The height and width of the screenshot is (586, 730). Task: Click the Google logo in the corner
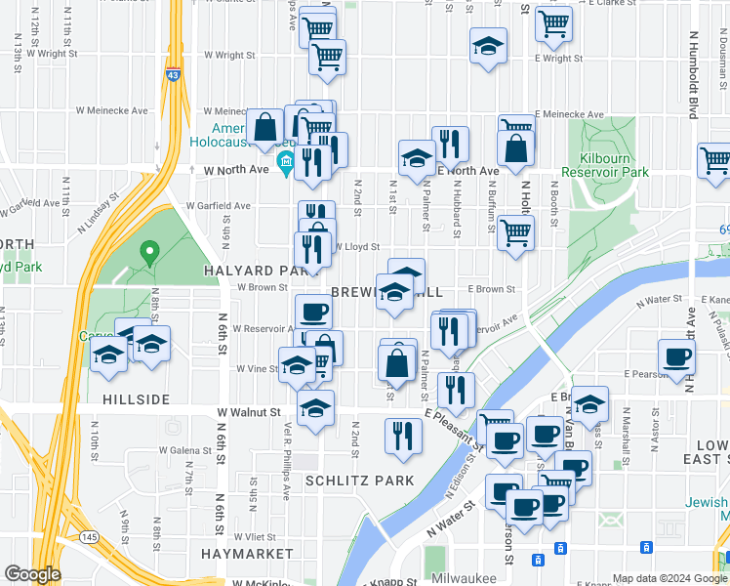click(x=32, y=574)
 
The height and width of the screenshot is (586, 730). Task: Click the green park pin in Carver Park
click(x=148, y=253)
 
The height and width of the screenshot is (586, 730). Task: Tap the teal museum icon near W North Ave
click(x=287, y=160)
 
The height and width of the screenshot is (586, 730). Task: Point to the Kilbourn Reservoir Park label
click(x=614, y=164)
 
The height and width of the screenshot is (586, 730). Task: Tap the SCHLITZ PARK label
click(x=359, y=481)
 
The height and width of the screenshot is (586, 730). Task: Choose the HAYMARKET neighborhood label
click(x=247, y=554)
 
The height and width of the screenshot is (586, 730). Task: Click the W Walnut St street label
click(x=249, y=413)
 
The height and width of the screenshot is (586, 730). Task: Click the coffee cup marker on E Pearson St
click(x=676, y=356)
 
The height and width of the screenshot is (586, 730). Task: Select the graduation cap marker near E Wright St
click(x=488, y=46)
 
